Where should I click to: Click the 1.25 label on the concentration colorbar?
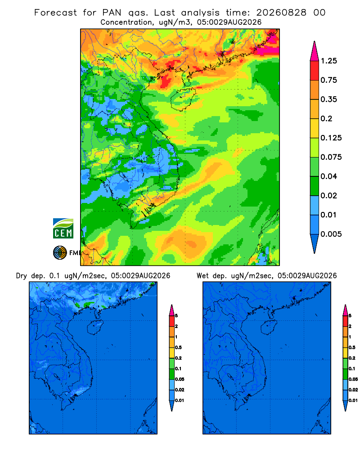[328, 61]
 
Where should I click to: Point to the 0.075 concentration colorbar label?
[331, 157]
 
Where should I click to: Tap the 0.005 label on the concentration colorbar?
[331, 234]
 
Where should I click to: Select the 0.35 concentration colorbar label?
[328, 99]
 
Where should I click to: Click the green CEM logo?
[63, 229]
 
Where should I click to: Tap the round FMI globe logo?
[60, 253]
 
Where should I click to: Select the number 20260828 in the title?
[281, 13]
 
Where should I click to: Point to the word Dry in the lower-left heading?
[21, 276]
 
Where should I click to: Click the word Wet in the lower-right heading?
[202, 276]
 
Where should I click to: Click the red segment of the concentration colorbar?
[315, 71]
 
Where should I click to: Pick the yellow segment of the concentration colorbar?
[315, 128]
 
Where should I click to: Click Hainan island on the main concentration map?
[183, 99]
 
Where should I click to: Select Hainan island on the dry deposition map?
[95, 328]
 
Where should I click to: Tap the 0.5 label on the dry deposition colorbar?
[178, 347]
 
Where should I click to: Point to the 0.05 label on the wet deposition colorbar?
[353, 379]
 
